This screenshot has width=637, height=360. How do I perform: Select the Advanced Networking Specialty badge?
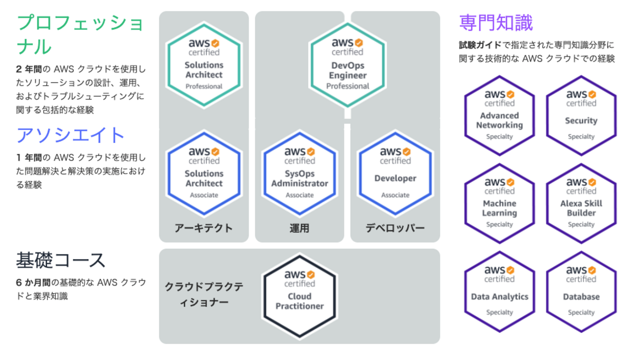499,116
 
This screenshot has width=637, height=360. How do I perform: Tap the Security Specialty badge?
581,116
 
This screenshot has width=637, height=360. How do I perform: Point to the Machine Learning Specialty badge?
499,203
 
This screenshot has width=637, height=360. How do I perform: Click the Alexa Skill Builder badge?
581,203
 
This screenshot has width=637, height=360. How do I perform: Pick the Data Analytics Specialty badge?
499,291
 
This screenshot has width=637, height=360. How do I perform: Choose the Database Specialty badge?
581,291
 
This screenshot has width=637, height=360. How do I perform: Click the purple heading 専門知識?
495,23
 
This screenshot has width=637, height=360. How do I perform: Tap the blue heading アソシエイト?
71,135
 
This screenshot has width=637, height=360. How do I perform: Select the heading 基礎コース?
61,260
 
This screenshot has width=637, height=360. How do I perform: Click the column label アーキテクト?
204,228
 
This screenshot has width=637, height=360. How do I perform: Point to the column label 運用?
299,228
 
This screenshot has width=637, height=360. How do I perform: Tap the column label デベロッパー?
395,228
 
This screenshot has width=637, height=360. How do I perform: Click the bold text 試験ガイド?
480,45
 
